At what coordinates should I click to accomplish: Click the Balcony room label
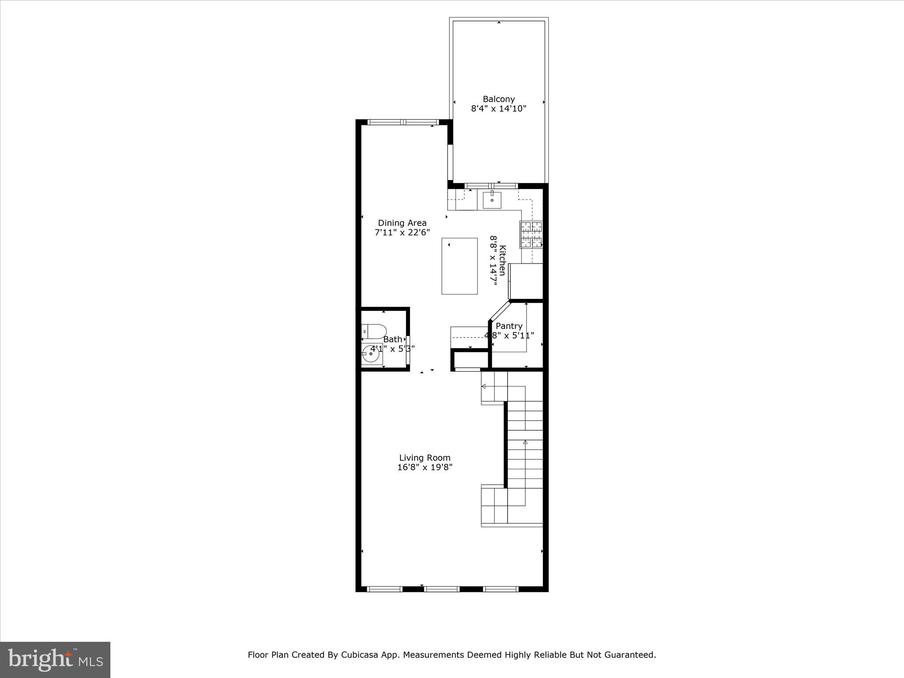point(498,99)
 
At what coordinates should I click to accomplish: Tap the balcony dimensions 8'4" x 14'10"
point(498,109)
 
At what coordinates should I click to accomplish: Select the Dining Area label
point(402,223)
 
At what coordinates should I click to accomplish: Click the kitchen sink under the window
point(492,200)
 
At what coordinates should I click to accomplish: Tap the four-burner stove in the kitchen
point(531,234)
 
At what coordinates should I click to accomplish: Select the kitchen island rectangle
point(460,266)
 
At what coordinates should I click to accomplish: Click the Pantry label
point(509,326)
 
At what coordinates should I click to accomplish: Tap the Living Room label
point(425,458)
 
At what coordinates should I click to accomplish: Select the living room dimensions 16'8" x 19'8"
point(425,467)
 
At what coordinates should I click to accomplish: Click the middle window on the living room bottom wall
point(442,589)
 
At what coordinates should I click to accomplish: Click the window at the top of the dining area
point(403,122)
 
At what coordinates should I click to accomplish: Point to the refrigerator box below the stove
point(526,281)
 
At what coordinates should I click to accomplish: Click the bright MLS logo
point(55,659)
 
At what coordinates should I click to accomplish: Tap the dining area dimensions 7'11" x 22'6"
point(402,232)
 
